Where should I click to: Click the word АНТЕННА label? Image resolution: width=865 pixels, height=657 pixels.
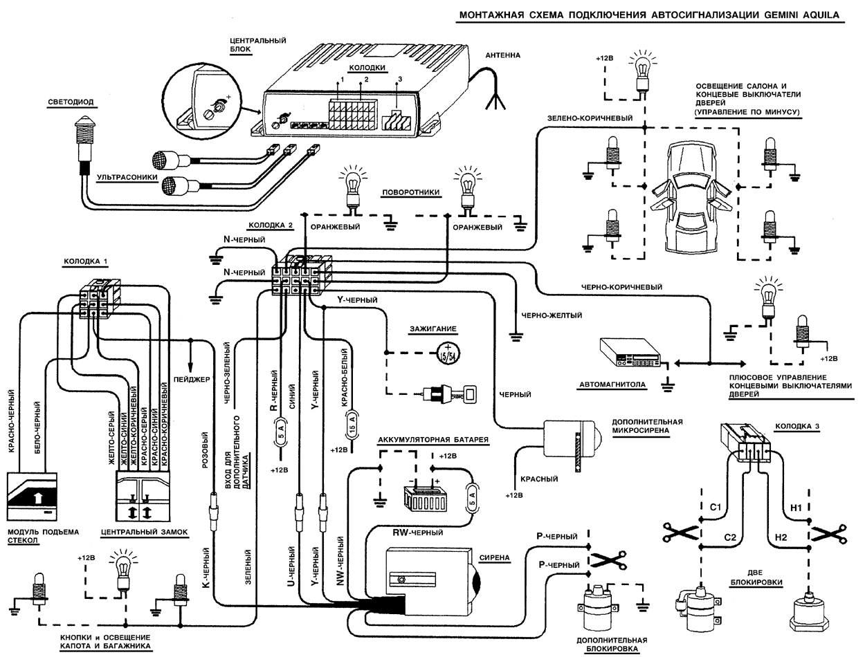click(502, 55)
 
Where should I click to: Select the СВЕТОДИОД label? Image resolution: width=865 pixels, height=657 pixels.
click(71, 102)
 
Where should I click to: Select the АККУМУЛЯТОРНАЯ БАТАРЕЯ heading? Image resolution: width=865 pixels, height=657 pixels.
click(433, 440)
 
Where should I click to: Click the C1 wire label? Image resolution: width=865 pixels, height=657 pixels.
click(716, 508)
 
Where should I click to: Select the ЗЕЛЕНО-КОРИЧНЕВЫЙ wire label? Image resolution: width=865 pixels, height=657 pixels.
click(590, 118)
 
